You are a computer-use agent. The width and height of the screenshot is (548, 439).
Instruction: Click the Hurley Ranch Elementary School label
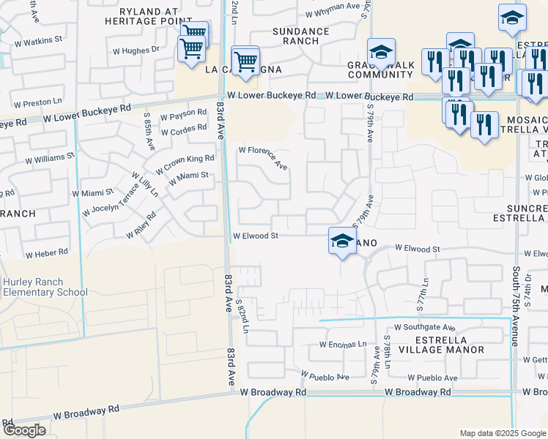(x=44, y=287)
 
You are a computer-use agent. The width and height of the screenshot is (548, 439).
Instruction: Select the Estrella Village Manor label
(x=439, y=345)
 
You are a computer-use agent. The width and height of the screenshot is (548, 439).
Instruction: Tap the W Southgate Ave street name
(x=425, y=328)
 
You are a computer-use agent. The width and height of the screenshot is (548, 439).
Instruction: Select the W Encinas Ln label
(x=343, y=344)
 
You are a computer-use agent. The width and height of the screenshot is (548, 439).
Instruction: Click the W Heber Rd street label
(x=46, y=254)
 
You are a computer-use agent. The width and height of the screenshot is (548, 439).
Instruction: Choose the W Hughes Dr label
(x=136, y=50)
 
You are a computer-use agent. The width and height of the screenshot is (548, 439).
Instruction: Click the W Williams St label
(x=50, y=157)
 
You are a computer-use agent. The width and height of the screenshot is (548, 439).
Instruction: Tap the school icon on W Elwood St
(x=341, y=241)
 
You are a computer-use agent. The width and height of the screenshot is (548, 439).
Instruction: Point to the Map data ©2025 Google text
(x=503, y=433)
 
